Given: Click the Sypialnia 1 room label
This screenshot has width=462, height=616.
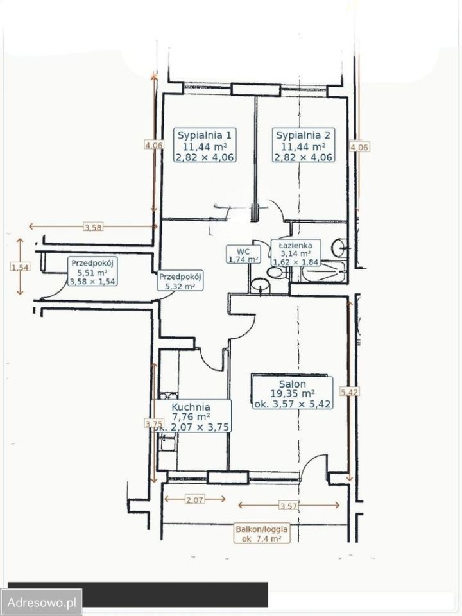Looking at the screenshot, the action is click(x=204, y=146).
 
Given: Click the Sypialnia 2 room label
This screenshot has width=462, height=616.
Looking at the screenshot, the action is click(x=304, y=146).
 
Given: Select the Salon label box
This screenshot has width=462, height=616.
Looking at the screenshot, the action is click(x=293, y=393).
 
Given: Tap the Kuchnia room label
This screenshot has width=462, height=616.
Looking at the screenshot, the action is click(x=191, y=417).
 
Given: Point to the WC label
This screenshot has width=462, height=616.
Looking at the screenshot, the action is click(x=243, y=255).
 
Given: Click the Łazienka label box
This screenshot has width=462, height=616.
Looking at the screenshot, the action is click(x=295, y=253).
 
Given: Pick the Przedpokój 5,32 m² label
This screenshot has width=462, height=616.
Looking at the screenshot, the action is click(x=180, y=281).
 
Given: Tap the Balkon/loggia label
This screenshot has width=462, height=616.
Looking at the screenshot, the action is click(x=262, y=533).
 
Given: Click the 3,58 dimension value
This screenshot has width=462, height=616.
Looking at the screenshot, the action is click(x=94, y=227).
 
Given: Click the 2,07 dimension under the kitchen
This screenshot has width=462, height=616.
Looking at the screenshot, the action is click(x=195, y=500).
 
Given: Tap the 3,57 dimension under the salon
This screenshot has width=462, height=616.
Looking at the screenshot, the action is click(x=289, y=506).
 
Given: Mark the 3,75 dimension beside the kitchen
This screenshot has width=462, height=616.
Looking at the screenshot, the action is click(x=153, y=424).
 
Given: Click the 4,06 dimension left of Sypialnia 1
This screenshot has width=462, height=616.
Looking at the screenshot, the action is click(x=153, y=145).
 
